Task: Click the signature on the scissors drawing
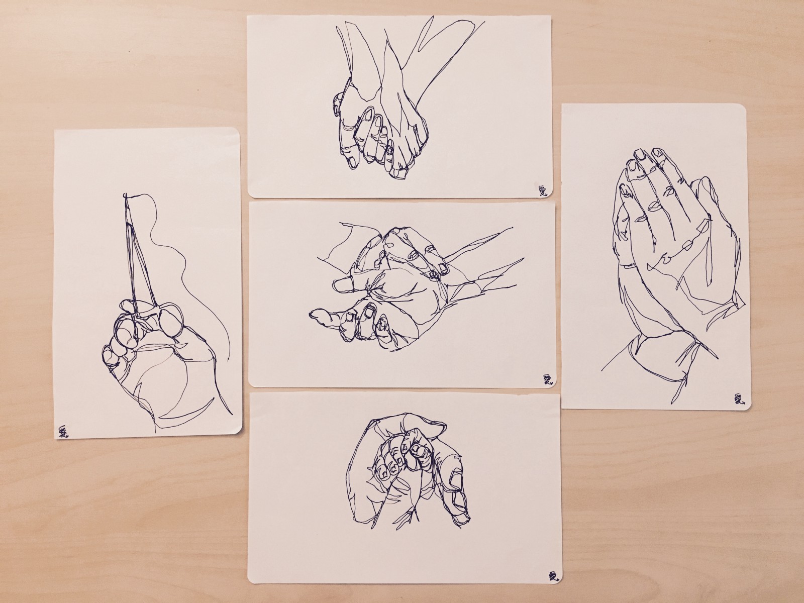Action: tap(64, 431)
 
